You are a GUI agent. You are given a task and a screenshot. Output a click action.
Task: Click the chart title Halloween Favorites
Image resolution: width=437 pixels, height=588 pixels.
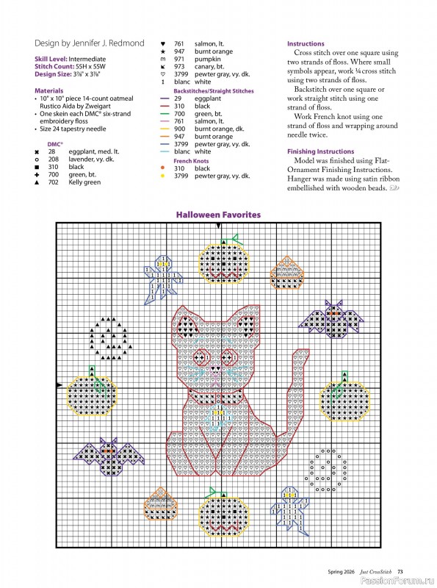pos(218,215)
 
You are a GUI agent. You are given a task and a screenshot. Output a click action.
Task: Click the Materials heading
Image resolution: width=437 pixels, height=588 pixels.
pos(48,91)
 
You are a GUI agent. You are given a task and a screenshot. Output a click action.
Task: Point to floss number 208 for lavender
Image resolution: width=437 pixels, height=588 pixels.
pos(54,159)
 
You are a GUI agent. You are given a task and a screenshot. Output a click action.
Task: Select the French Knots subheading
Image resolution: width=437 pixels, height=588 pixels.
pos(191,160)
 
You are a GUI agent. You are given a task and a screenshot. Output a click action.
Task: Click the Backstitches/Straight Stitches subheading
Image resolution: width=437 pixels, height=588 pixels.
pos(214,91)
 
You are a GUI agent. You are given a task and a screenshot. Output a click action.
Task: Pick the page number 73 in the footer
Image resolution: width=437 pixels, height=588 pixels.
pos(400,571)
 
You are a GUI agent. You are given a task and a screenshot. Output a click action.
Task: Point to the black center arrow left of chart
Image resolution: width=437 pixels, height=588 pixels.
pos(59,384)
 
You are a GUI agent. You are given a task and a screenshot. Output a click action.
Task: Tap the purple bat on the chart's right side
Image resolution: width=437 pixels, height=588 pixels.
pos(332,318)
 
